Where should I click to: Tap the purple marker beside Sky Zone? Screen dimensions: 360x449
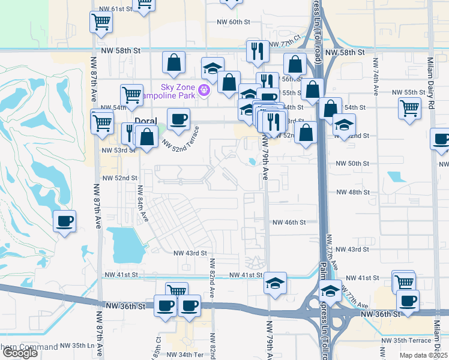pyautogui.click(x=204, y=91)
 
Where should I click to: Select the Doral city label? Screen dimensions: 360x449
pyautogui.click(x=145, y=121)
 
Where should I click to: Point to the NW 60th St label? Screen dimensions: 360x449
pyautogui.click(x=233, y=22)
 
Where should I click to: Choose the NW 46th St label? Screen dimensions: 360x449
pyautogui.click(x=289, y=222)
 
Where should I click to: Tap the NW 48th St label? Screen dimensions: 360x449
pyautogui.click(x=353, y=192)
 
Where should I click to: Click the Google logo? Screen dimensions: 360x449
pyautogui.click(x=20, y=353)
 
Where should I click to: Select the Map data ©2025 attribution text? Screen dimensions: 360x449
pyautogui.click(x=424, y=355)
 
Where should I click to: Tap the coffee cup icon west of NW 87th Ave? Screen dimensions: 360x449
pyautogui.click(x=65, y=221)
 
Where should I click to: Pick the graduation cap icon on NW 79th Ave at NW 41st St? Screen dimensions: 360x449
pyautogui.click(x=275, y=283)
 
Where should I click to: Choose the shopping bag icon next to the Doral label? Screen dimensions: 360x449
pyautogui.click(x=146, y=136)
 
